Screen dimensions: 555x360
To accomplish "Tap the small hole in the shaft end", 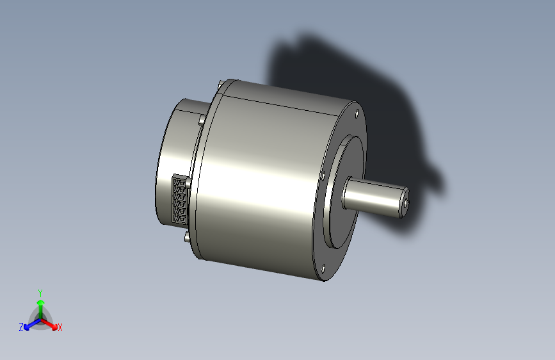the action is pos(405,203).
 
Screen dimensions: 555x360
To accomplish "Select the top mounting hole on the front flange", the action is pos(357,113).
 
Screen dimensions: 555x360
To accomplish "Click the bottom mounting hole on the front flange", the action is pos(323,269).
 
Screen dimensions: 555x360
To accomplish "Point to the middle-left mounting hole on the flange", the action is pos(323,176).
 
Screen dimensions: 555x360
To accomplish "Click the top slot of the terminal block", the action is pos(180,183).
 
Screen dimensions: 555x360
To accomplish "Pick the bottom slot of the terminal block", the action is pos(180,219).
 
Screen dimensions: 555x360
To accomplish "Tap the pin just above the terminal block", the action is pos(188,183).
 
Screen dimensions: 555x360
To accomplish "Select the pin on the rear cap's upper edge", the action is pos(202,119).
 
